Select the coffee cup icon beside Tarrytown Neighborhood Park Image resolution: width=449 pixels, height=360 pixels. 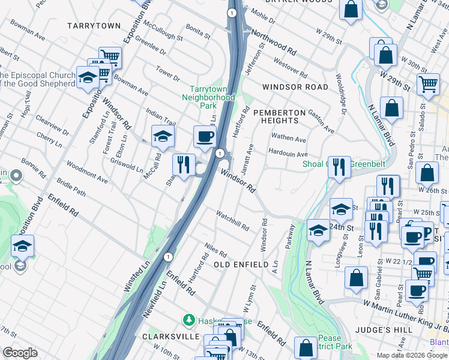point(205,137)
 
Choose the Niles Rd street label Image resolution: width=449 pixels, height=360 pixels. point(215,249)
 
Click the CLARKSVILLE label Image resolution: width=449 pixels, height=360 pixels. point(171,337)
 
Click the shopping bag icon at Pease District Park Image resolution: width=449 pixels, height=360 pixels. point(306,348)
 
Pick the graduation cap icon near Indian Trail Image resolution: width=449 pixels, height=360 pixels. point(163,137)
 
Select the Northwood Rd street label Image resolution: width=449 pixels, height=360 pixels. point(274,41)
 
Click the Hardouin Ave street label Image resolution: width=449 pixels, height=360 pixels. point(288,154)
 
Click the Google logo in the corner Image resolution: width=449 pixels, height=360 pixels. point(20,353)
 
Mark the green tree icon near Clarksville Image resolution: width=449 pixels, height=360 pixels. point(190,319)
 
